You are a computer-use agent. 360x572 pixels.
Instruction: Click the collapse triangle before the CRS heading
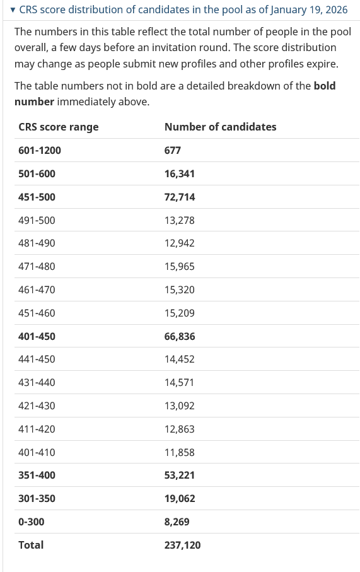point(13,10)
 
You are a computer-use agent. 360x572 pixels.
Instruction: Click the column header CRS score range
point(58,127)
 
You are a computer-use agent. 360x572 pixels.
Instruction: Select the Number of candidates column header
point(220,127)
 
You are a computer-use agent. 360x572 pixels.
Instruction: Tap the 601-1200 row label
point(40,150)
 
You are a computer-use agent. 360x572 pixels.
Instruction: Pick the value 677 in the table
point(173,150)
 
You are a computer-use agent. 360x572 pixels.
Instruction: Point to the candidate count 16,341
point(180,173)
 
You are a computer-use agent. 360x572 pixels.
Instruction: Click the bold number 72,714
point(180,197)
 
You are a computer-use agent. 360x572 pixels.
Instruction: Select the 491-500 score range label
point(37,220)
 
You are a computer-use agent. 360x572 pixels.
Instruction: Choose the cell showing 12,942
point(180,243)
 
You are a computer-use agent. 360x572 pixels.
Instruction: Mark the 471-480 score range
point(37,266)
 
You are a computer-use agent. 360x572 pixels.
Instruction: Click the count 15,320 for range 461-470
point(180,289)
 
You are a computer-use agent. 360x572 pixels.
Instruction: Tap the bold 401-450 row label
point(37,336)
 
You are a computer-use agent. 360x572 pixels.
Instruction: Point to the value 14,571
point(180,382)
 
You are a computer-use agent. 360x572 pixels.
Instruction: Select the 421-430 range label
point(37,406)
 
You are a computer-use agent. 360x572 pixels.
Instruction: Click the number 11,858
point(180,452)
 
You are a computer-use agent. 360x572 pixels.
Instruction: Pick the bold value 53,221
point(180,475)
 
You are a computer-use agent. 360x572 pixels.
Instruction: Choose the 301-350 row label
point(37,498)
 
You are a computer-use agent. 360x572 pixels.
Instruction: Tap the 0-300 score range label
point(32,522)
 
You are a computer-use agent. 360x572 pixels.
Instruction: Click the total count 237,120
point(183,545)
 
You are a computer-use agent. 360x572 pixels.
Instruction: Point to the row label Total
point(31,545)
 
